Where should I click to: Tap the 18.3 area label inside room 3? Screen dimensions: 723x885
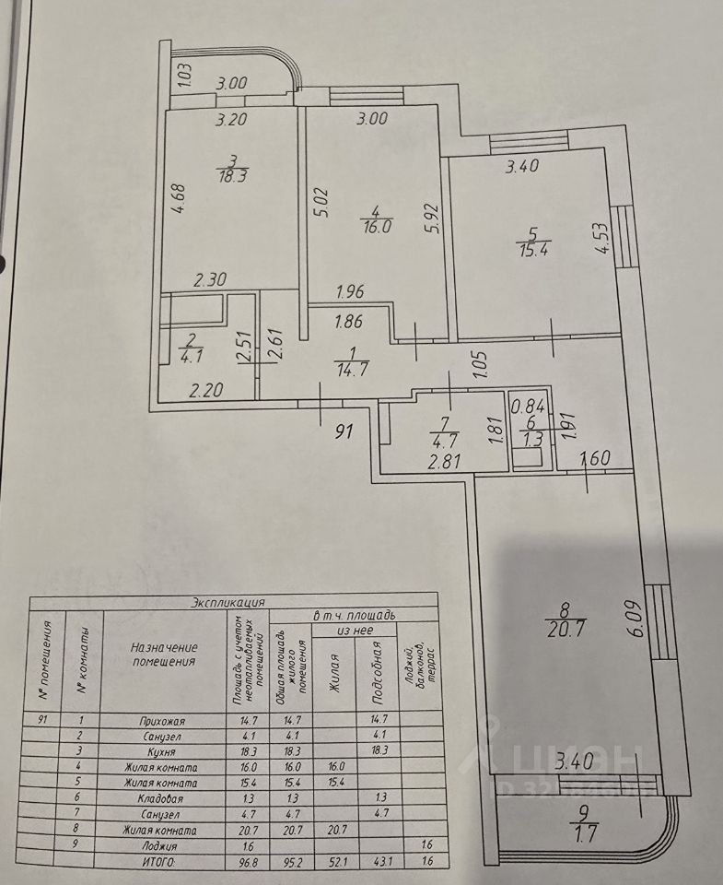230,176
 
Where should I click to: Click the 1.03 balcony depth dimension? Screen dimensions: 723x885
183,73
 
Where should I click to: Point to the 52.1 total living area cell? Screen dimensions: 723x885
333,861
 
